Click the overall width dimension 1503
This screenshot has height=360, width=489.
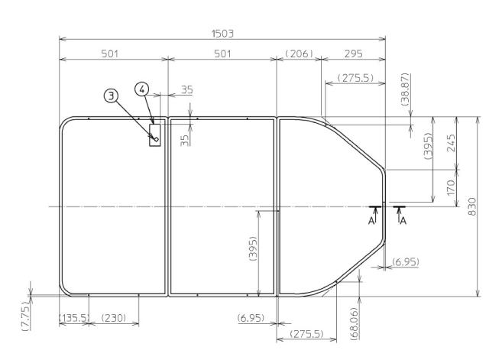click(222, 34)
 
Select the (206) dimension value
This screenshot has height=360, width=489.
click(296, 54)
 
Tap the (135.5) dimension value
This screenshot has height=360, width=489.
click(73, 317)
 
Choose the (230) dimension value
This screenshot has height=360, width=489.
click(114, 317)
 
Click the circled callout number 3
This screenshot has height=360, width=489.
click(112, 95)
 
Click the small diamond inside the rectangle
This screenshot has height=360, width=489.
click(155, 139)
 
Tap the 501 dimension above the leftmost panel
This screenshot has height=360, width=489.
click(113, 54)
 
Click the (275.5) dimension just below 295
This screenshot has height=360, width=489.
click(355, 78)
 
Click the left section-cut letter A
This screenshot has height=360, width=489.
click(371, 219)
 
